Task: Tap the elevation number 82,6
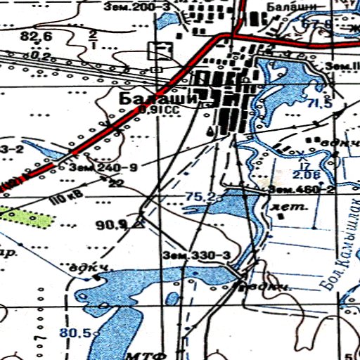pos(37,36)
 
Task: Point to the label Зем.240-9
pos(102,168)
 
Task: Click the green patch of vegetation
pos(28,217)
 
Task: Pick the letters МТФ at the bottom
pos(143,352)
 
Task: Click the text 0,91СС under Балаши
pos(156,110)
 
